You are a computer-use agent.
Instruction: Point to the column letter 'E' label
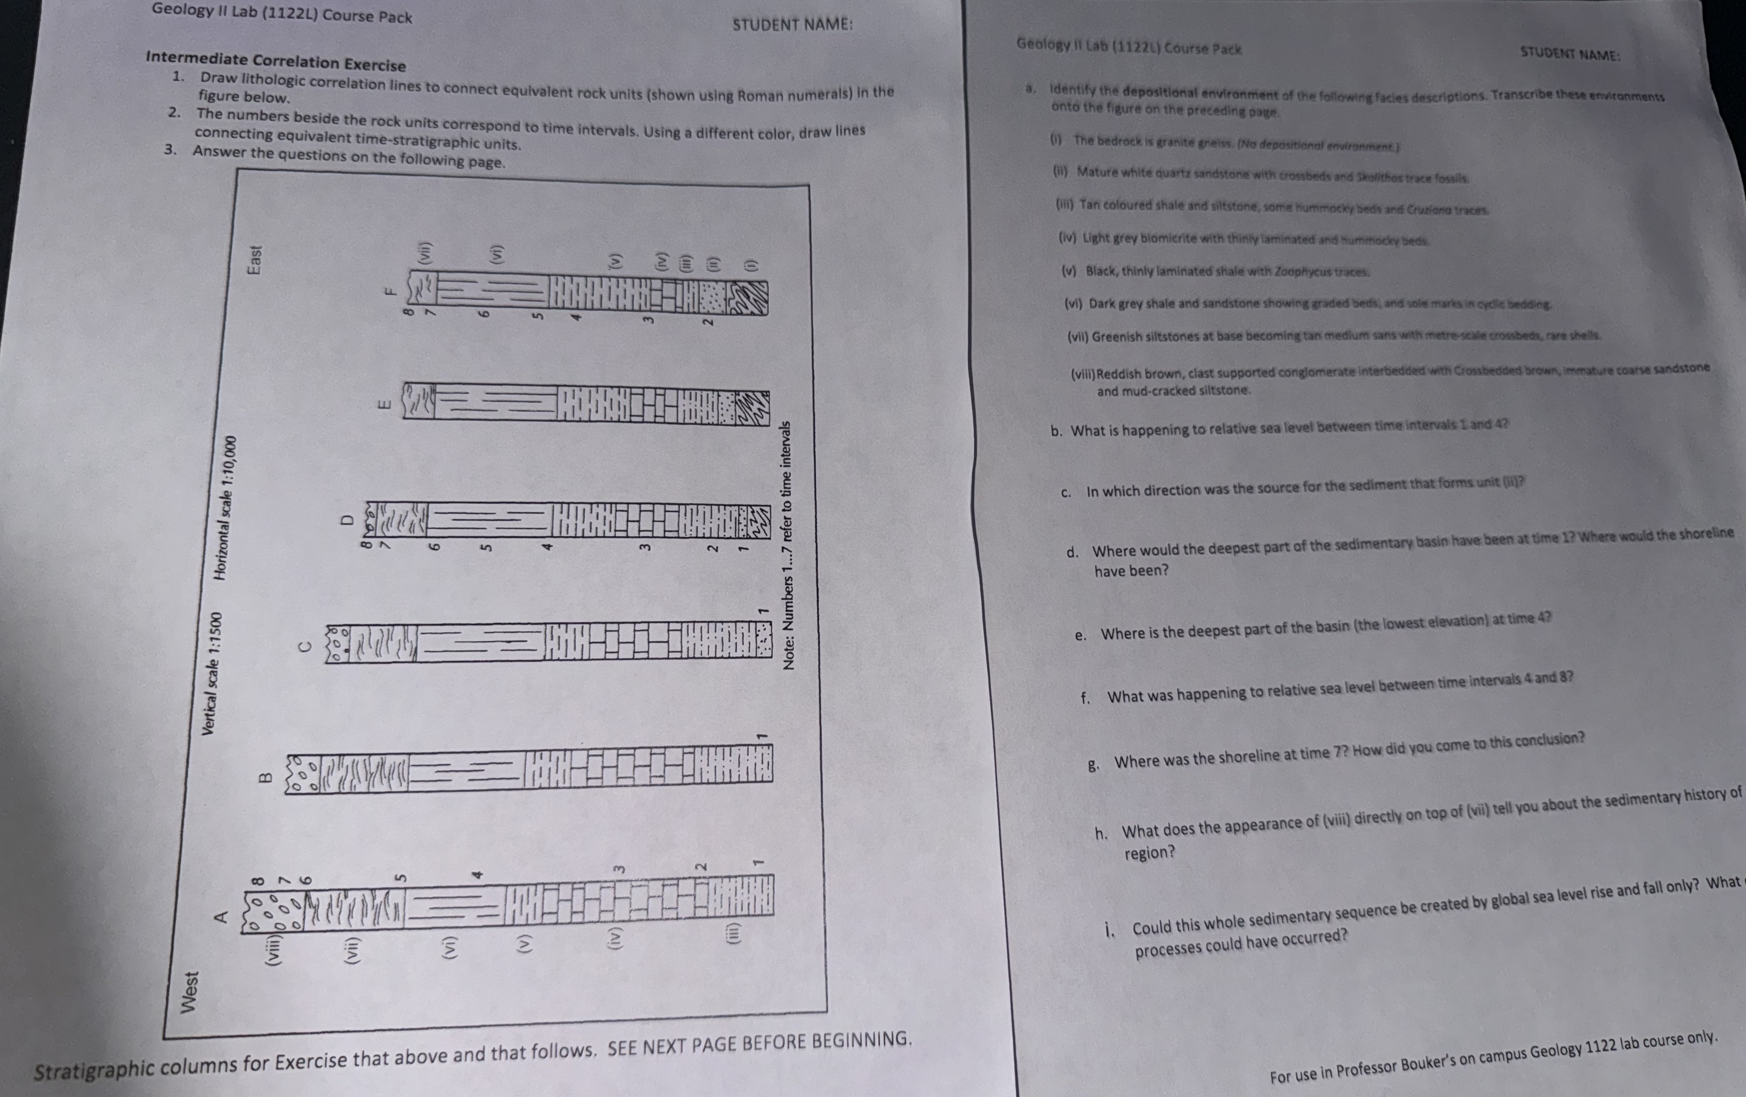tap(386, 404)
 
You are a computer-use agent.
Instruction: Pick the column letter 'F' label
tap(389, 292)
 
